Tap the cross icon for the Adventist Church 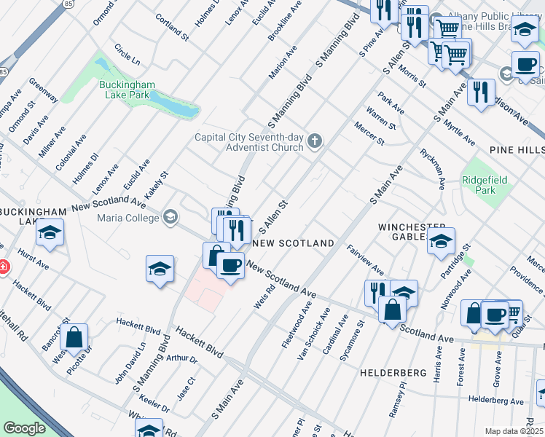[315, 141]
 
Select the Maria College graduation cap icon [170, 216]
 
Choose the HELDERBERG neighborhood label [392, 372]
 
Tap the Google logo [24, 428]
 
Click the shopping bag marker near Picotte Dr [74, 338]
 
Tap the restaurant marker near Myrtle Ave [480, 92]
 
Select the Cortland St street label [173, 27]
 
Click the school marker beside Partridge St [441, 242]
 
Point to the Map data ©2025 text [514, 431]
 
